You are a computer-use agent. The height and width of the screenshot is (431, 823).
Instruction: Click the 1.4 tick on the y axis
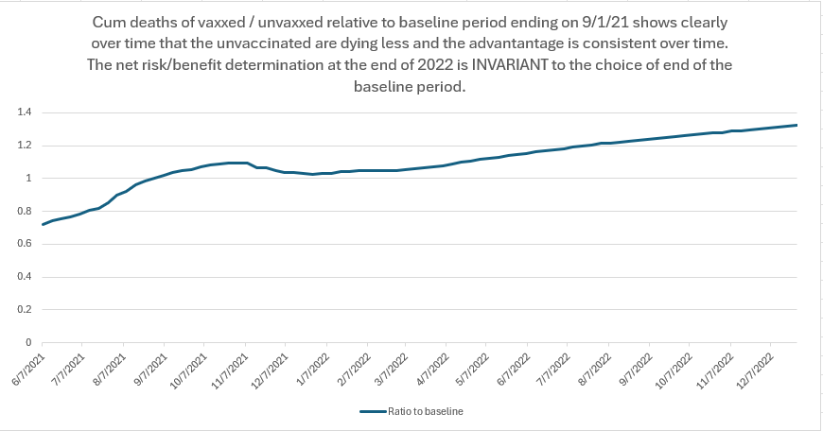[25, 112]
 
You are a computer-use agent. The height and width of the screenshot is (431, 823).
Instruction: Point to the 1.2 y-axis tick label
[25, 146]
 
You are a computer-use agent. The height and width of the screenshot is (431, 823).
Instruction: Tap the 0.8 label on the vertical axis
[25, 211]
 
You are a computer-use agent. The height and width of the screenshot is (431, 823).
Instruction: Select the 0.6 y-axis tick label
[25, 244]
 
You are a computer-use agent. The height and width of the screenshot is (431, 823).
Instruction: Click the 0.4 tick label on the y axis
[25, 277]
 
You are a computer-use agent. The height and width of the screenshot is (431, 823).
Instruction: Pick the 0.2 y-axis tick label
[25, 309]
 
